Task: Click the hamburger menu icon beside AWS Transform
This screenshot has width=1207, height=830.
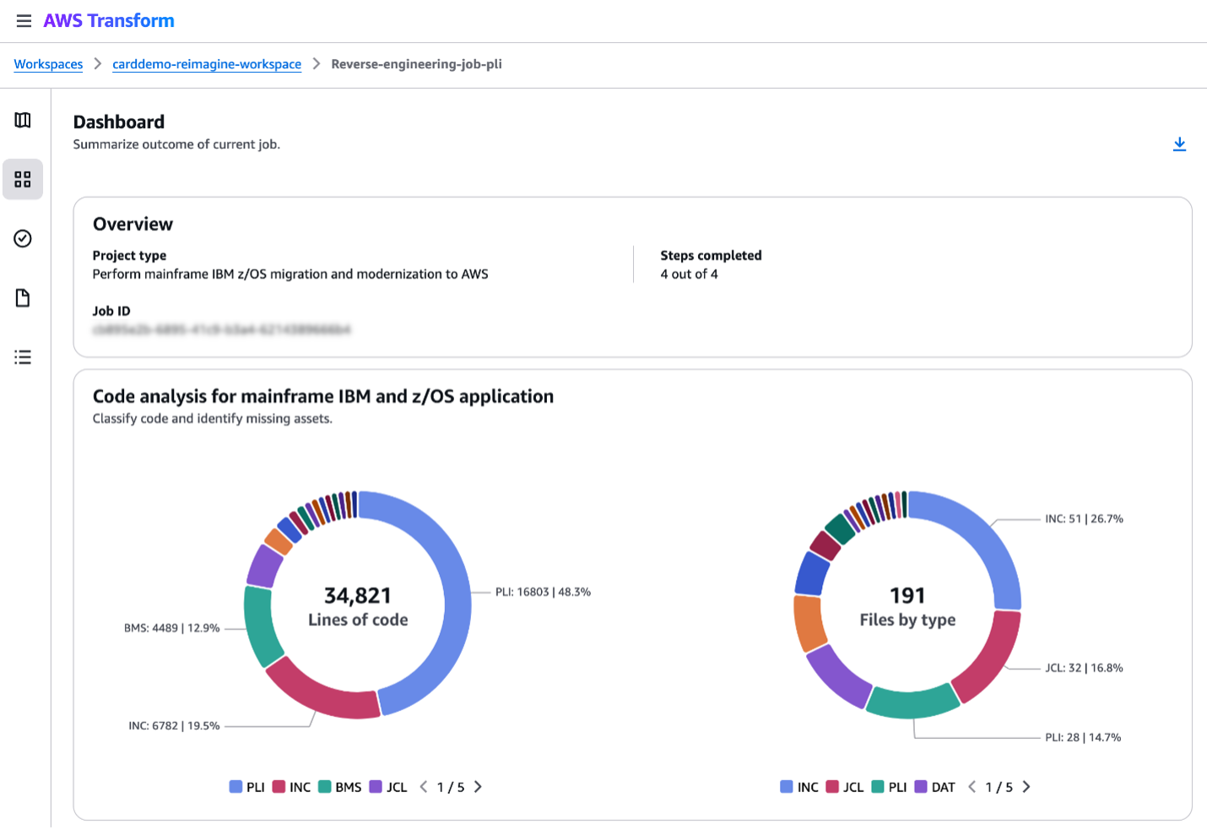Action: pos(24,21)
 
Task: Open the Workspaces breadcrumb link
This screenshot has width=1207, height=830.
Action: pos(48,64)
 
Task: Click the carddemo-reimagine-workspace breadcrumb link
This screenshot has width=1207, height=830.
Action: pos(207,64)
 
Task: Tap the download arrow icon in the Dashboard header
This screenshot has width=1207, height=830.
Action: pos(1179,144)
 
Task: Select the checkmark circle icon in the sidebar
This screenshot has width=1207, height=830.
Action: pos(23,239)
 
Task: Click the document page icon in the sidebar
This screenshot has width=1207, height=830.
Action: pos(23,298)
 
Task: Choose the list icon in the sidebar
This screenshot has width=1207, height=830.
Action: pos(23,357)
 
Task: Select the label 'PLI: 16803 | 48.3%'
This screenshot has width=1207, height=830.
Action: pos(543,592)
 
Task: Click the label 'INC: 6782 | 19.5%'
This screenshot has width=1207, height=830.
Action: pos(174,725)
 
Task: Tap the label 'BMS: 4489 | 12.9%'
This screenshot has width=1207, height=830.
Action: pos(171,628)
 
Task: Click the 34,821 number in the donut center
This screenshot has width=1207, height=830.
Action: pos(358,595)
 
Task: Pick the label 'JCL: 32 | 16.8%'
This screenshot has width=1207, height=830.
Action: pos(1084,668)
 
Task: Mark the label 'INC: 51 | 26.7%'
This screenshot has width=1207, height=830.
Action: pos(1084,518)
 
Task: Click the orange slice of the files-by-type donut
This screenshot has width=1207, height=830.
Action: pos(809,623)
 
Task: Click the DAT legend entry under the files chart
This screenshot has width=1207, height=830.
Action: pos(935,787)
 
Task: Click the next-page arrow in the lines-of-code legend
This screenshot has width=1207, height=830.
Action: pos(478,787)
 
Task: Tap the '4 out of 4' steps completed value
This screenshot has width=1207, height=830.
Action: pos(689,274)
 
